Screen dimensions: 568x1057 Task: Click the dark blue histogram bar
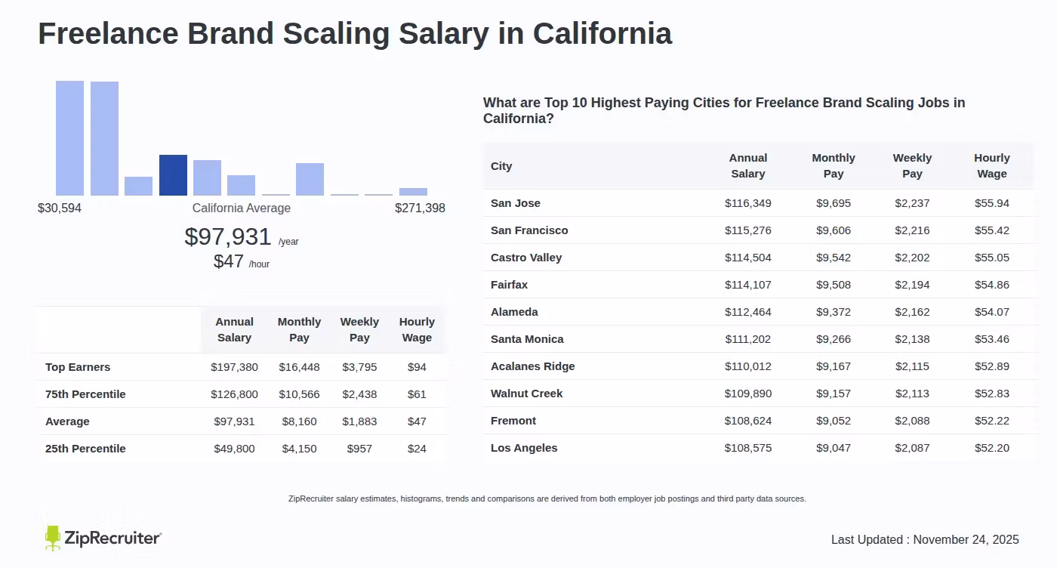pyautogui.click(x=173, y=175)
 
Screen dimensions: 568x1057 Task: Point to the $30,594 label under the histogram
pyautogui.click(x=60, y=208)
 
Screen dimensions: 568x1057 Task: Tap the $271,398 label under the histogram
pyautogui.click(x=420, y=208)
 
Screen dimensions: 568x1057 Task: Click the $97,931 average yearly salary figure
pyautogui.click(x=228, y=237)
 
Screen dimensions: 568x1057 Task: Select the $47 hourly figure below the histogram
pyautogui.click(x=229, y=262)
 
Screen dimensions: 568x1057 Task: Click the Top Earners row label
pyautogui.click(x=78, y=367)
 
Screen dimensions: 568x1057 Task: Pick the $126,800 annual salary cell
pyautogui.click(x=234, y=394)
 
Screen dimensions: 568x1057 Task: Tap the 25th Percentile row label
pyautogui.click(x=85, y=449)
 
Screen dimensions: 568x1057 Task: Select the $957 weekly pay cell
pyautogui.click(x=359, y=449)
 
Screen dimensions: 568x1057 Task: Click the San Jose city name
pyautogui.click(x=516, y=203)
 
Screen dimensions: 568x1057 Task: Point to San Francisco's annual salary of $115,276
pyautogui.click(x=747, y=230)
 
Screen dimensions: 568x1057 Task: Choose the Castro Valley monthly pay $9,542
pyautogui.click(x=834, y=258)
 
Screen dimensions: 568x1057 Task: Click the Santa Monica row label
pyautogui.click(x=527, y=339)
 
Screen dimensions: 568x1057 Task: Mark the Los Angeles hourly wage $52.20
pyautogui.click(x=991, y=448)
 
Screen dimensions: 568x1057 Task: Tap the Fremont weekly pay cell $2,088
pyautogui.click(x=912, y=421)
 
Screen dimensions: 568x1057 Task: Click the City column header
pyautogui.click(x=501, y=166)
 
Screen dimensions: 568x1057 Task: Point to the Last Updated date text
pyautogui.click(x=925, y=539)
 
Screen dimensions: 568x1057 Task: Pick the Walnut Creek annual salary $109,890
pyautogui.click(x=747, y=394)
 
